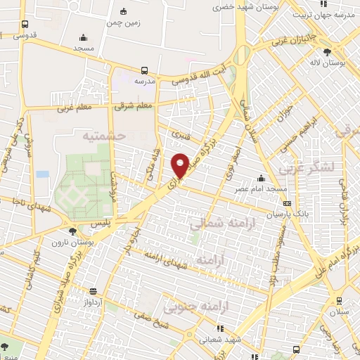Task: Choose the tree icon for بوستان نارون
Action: click(x=72, y=231)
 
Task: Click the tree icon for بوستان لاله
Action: click(x=327, y=52)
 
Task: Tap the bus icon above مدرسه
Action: click(x=144, y=70)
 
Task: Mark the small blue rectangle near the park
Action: click(x=43, y=174)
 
